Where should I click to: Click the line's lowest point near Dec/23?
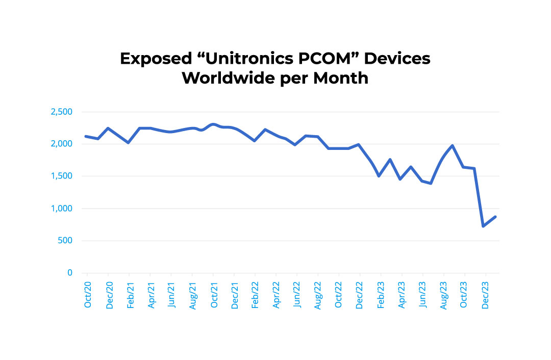483,226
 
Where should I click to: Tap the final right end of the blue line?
495,217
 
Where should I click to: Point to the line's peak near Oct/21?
213,124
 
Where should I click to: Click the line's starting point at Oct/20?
85,136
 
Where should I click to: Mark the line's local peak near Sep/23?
453,146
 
